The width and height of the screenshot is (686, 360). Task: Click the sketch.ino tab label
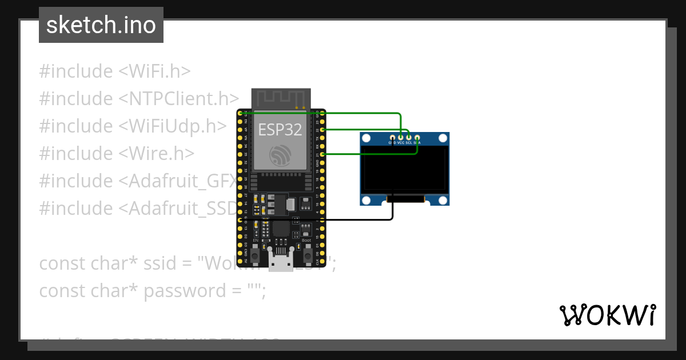(101, 25)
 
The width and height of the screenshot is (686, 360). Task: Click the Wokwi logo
(607, 315)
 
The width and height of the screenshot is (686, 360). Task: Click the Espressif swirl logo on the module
(281, 155)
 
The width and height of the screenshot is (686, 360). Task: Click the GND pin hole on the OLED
(392, 138)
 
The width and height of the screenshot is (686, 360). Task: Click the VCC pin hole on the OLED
(401, 138)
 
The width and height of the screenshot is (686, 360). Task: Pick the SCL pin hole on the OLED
(409, 138)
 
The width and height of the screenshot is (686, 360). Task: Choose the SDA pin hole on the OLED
(417, 138)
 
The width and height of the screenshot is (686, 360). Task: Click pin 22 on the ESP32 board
(323, 130)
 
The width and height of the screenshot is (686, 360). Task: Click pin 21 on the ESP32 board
(323, 154)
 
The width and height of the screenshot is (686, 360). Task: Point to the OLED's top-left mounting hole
(366, 138)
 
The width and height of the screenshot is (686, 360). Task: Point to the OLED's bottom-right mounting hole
(443, 200)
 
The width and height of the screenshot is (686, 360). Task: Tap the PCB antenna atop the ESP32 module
(281, 98)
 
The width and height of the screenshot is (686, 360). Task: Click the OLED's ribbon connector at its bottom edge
(406, 199)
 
